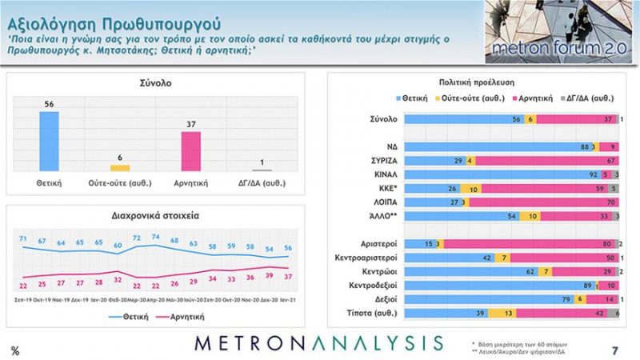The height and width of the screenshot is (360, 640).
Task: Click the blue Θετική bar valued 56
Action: point(50,141)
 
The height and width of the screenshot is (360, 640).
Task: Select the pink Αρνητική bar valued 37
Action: point(191,151)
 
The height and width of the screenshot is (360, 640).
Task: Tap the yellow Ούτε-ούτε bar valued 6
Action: point(120,168)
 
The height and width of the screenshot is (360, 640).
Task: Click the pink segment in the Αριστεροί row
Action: point(532,243)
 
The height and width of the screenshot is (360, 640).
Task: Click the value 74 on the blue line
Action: point(156,238)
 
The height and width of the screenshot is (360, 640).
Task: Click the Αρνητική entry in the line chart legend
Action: point(186,316)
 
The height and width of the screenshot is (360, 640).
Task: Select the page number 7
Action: point(614,350)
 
